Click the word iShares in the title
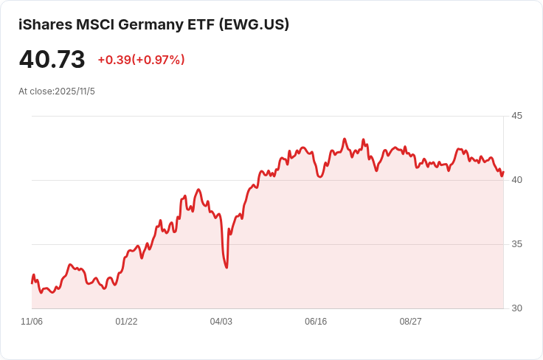click(45, 24)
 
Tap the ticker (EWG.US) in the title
click(255, 24)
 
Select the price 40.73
click(52, 59)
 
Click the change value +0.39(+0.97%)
click(141, 60)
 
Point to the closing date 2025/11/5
click(75, 91)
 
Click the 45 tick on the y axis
click(516, 116)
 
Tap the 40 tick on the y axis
click(516, 180)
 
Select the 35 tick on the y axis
click(516, 244)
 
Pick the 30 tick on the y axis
click(516, 308)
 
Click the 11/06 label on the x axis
click(32, 322)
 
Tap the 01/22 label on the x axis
click(126, 322)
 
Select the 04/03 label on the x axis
click(221, 322)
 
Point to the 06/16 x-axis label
click(316, 322)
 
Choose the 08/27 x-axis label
click(410, 322)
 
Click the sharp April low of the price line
click(226, 267)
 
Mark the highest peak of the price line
click(344, 139)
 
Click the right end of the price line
click(503, 172)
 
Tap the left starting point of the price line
click(32, 283)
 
